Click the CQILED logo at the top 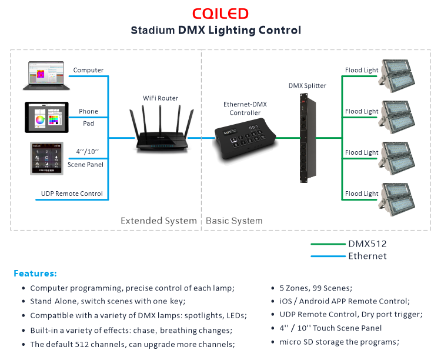point(220,14)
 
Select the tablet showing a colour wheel point(46,118)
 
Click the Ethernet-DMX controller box point(245,139)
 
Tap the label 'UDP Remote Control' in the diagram point(72,194)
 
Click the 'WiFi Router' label point(161,98)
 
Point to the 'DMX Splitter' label point(307,86)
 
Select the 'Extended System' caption point(158,221)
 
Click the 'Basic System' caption point(234,221)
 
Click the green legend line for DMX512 point(327,244)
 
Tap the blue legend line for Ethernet point(327,256)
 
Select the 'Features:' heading point(35,274)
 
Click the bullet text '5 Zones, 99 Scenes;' point(311,288)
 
